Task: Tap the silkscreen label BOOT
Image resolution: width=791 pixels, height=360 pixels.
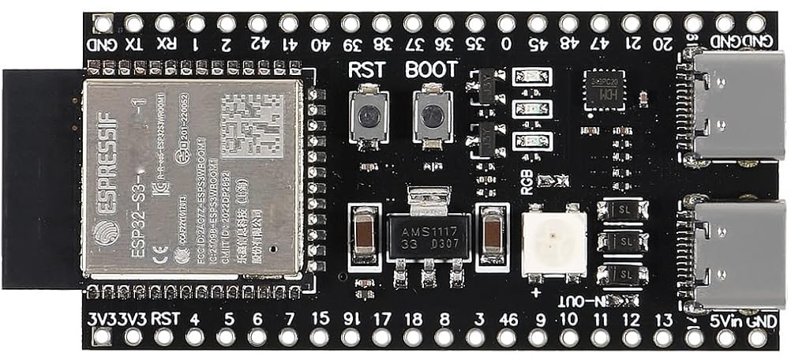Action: (431, 69)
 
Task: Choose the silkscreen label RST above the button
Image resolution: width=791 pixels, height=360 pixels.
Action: (366, 69)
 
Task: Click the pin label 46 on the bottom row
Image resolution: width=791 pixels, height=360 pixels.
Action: (509, 320)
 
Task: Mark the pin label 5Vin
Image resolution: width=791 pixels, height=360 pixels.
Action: (725, 321)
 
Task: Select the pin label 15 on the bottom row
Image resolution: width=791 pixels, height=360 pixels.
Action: (320, 320)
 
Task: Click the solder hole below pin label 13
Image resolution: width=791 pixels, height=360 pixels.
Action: (664, 339)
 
